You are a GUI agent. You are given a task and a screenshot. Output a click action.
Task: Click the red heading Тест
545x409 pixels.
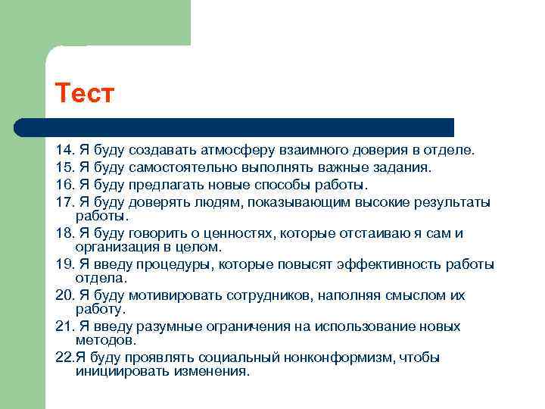click(x=84, y=95)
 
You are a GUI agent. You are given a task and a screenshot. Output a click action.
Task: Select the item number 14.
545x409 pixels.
click(x=64, y=151)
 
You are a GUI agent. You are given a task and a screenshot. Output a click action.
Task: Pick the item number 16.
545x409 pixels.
click(x=64, y=185)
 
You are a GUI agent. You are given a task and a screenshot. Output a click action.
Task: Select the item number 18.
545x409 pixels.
click(x=64, y=233)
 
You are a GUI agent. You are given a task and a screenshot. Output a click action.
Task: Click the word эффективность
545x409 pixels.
click(x=372, y=264)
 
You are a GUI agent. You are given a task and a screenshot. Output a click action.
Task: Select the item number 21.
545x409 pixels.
click(x=64, y=326)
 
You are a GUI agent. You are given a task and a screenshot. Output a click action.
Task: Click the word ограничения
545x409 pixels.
click(x=235, y=326)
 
